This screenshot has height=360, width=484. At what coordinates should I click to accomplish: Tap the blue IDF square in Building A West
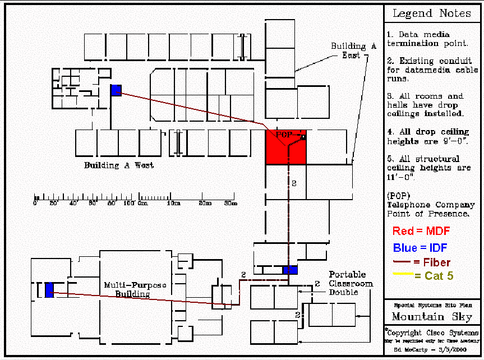[x=116, y=90]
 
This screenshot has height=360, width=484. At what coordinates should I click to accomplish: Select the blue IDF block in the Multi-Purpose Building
[x=49, y=289]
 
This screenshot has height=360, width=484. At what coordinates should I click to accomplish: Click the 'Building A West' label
[x=119, y=165]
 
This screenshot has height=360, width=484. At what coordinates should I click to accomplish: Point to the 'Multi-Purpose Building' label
[x=135, y=289]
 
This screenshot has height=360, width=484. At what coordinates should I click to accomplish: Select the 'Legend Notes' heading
[x=431, y=13]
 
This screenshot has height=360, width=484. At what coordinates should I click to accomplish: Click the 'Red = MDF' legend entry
[x=421, y=231]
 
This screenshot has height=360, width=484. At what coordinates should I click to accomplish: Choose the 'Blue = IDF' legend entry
[x=421, y=247]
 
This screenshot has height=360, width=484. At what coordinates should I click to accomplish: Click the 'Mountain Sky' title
[x=432, y=317]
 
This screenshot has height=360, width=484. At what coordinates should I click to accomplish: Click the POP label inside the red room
[x=284, y=135]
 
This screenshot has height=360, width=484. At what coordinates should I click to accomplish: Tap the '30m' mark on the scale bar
[x=231, y=204]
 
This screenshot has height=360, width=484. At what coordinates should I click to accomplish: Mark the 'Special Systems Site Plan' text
[x=431, y=305]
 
